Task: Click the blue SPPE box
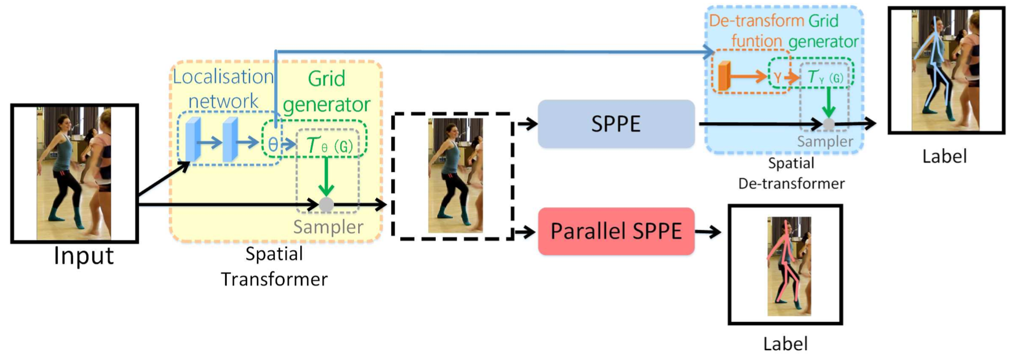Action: [x=616, y=124]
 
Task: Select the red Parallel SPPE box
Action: [x=616, y=232]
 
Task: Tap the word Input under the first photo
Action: [x=83, y=255]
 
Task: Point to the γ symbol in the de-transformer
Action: [x=777, y=77]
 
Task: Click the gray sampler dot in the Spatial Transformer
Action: [x=326, y=204]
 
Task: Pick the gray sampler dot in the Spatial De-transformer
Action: [x=829, y=123]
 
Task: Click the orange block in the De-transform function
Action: [x=723, y=76]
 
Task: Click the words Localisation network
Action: [x=223, y=89]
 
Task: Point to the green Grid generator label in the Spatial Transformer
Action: [x=326, y=91]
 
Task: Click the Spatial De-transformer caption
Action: [x=791, y=174]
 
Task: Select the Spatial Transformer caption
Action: [x=274, y=266]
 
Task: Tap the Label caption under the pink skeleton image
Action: [x=785, y=344]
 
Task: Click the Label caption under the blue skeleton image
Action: [x=944, y=156]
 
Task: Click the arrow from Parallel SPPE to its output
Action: [x=708, y=232]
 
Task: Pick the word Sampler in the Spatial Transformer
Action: [x=328, y=227]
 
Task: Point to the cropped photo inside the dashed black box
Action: [x=455, y=175]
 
